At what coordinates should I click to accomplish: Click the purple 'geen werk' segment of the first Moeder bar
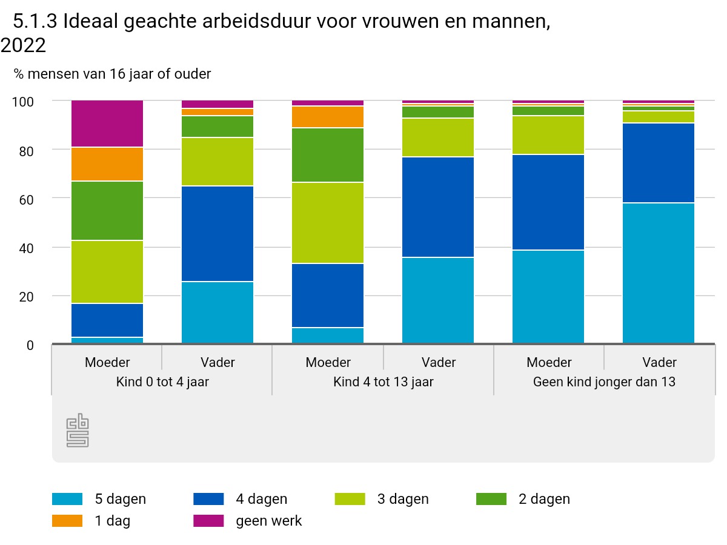107,124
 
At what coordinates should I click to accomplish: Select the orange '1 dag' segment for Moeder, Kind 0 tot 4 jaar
107,164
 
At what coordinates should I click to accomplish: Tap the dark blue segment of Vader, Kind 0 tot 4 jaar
217,234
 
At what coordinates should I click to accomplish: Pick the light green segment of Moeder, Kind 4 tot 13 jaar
328,223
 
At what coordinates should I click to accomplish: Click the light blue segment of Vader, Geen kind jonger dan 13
659,273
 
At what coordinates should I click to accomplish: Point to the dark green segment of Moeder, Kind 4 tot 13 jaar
328,155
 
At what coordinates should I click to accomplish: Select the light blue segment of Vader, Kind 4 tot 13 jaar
438,300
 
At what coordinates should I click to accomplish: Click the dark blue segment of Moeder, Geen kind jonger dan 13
548,202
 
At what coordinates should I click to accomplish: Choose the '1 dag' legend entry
91,521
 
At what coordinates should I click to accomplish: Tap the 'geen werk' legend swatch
208,521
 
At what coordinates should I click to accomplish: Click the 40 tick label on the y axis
25,248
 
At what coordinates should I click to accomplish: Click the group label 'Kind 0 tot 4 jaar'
162,382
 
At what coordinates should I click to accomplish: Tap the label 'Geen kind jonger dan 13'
604,382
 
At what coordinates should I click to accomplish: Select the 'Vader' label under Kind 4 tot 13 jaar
438,362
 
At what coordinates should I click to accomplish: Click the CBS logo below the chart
78,431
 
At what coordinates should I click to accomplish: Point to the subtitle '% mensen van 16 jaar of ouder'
113,74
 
